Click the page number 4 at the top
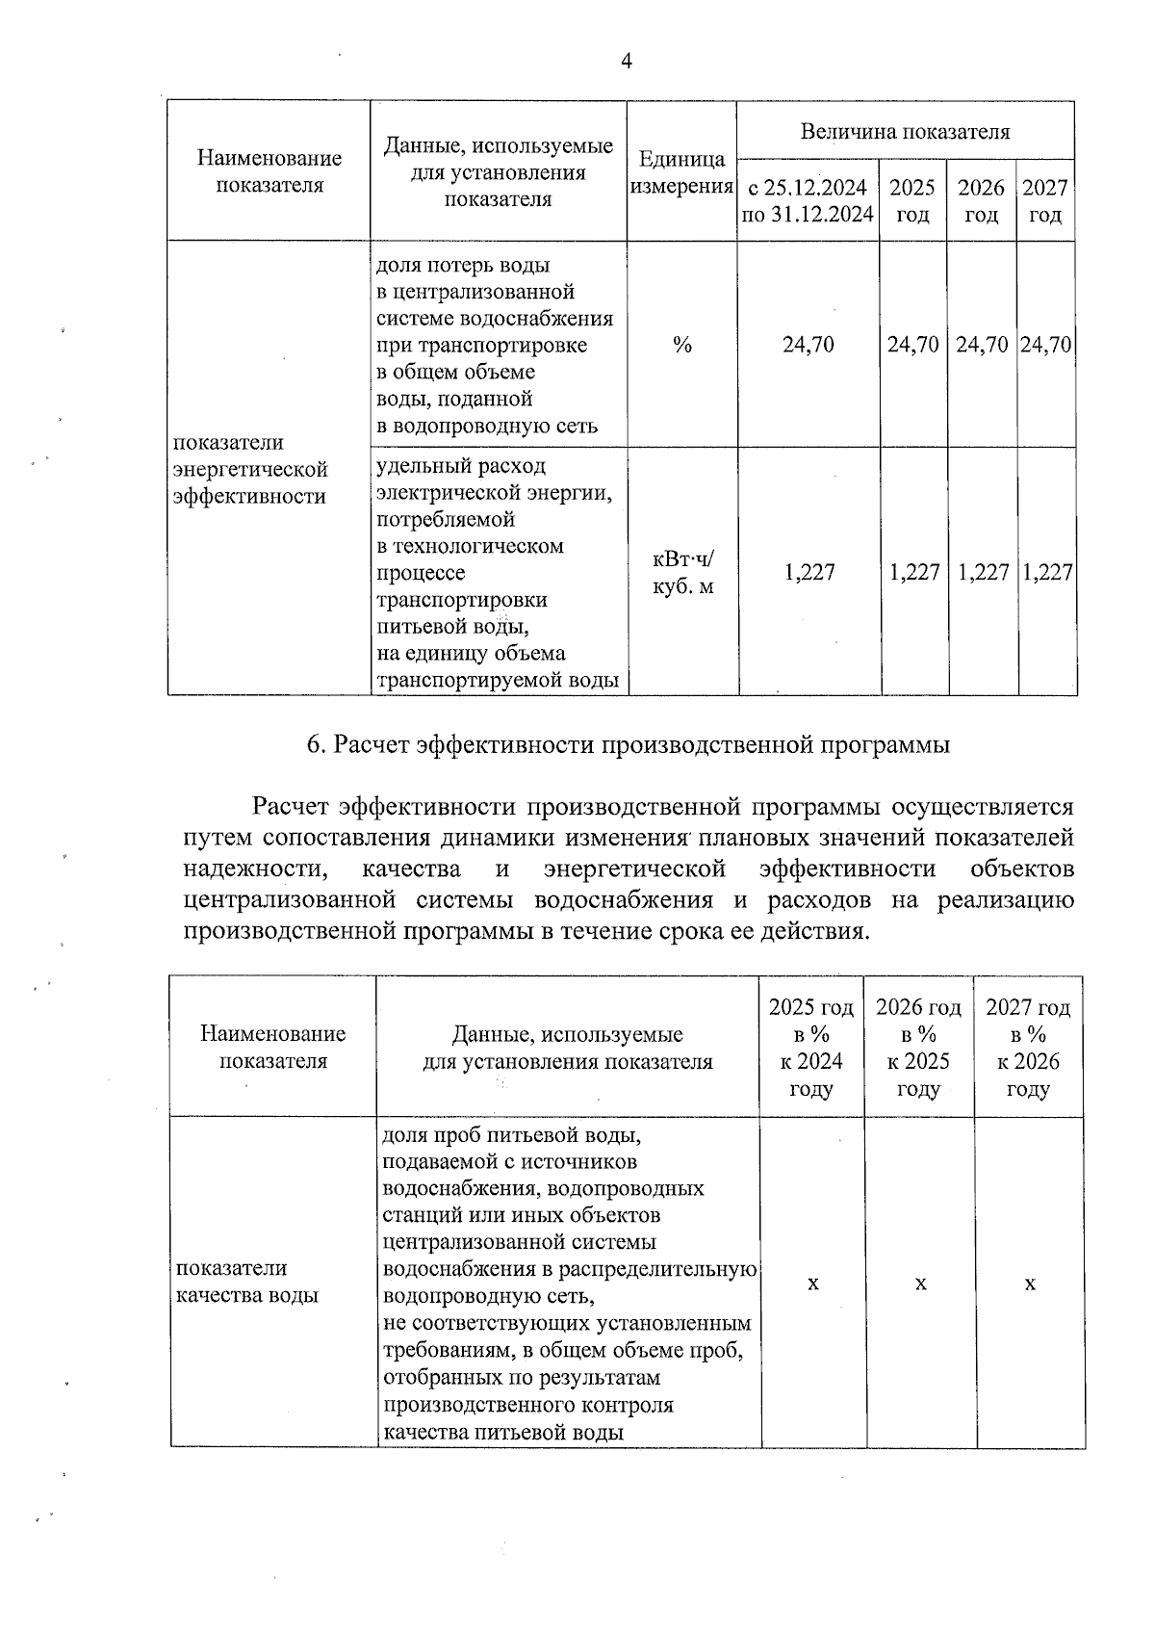click(627, 62)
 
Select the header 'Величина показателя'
click(905, 132)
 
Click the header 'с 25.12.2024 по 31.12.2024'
click(808, 200)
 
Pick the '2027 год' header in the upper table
click(1044, 200)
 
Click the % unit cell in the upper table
click(681, 345)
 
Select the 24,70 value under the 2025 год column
click(912, 345)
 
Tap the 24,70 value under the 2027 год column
click(1045, 345)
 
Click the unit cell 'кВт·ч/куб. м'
click(683, 573)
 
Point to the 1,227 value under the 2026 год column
click(982, 573)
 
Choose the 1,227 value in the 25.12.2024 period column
click(808, 573)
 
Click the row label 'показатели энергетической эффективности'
click(250, 470)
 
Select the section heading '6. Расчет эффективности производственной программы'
click(628, 745)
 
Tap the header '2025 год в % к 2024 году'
click(811, 1048)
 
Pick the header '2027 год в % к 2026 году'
click(1028, 1048)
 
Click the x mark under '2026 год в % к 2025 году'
click(920, 1284)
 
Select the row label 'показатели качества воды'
click(245, 1282)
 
